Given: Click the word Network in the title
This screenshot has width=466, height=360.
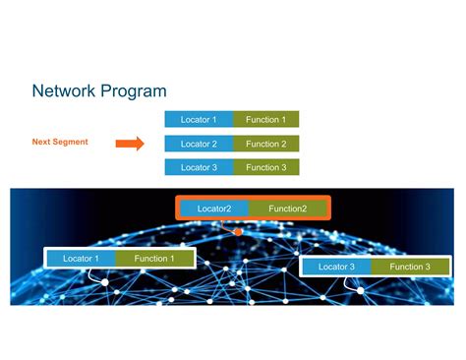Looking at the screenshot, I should pyautogui.click(x=64, y=91).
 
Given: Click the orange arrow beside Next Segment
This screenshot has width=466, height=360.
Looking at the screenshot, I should pyautogui.click(x=130, y=144).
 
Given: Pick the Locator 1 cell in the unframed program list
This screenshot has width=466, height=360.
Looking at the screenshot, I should pyautogui.click(x=199, y=120).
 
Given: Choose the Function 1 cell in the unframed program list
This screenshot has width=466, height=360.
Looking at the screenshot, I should pyautogui.click(x=265, y=120).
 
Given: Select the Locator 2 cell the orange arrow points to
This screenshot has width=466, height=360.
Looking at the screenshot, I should pyautogui.click(x=199, y=144).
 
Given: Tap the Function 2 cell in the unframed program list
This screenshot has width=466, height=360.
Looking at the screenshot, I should pyautogui.click(x=265, y=144).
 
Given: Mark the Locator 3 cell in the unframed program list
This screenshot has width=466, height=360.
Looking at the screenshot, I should pyautogui.click(x=199, y=167).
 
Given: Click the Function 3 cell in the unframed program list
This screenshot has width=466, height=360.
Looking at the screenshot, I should pyautogui.click(x=265, y=167).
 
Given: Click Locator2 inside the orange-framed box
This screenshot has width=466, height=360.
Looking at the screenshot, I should pyautogui.click(x=214, y=209).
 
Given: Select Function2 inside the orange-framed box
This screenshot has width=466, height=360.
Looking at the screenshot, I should pyautogui.click(x=288, y=209).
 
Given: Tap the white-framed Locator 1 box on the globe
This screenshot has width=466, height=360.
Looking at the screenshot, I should pyautogui.click(x=82, y=259).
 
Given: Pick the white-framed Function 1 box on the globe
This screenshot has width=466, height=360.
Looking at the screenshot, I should pyautogui.click(x=154, y=259).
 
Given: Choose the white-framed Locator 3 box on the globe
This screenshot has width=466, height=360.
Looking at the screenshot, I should pyautogui.click(x=336, y=267).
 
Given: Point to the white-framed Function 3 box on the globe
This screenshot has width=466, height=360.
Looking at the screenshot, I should pyautogui.click(x=410, y=267).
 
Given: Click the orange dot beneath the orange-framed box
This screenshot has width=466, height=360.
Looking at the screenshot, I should pyautogui.click(x=237, y=232).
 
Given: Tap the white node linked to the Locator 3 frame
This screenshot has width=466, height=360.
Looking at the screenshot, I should pyautogui.click(x=360, y=291).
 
